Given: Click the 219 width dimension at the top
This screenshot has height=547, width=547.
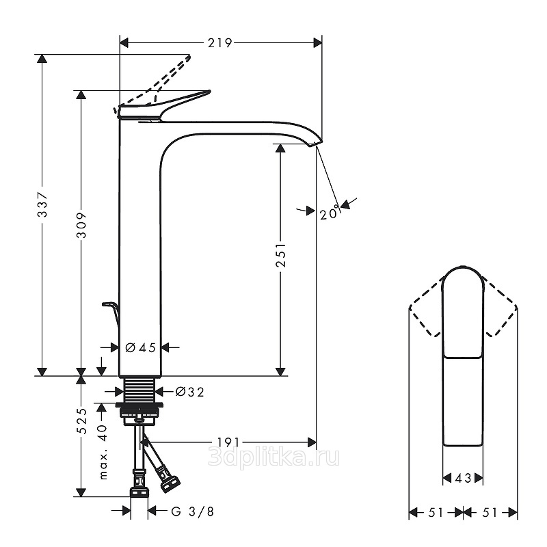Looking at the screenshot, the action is [x=219, y=43].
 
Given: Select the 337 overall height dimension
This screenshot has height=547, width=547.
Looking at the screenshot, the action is [x=42, y=204].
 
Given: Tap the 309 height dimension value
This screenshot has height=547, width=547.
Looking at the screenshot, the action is [x=81, y=225].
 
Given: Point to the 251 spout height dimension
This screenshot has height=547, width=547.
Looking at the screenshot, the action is [x=280, y=255].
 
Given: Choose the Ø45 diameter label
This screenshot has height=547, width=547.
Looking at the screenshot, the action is [x=140, y=347].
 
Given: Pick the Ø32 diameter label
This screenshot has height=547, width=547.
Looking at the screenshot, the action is [x=190, y=392].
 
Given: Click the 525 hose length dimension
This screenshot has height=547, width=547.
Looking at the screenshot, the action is [x=81, y=421].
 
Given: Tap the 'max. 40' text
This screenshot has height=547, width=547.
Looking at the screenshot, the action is [x=103, y=452].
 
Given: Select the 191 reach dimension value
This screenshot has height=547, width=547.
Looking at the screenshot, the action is [x=228, y=442].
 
